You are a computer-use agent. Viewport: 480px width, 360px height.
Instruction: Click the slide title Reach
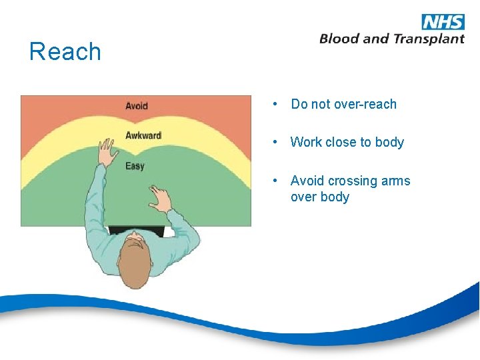pyautogui.click(x=65, y=52)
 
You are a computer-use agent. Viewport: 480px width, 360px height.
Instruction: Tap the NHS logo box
pyautogui.click(x=443, y=21)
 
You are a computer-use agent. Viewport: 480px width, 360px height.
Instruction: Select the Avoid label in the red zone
pyautogui.click(x=137, y=106)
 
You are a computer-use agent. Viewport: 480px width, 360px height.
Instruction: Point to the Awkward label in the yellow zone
pyautogui.click(x=143, y=136)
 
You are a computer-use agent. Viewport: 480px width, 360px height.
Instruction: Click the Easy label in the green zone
pyautogui.click(x=135, y=166)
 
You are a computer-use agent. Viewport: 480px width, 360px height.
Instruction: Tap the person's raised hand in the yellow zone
pyautogui.click(x=105, y=151)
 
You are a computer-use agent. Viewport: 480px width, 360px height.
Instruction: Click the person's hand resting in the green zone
pyautogui.click(x=159, y=197)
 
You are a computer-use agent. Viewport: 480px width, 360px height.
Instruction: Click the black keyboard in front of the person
pyautogui.click(x=137, y=230)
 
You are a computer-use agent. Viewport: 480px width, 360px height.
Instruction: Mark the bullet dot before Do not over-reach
pyautogui.click(x=274, y=105)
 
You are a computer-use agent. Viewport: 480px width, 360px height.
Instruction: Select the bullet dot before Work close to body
pyautogui.click(x=274, y=142)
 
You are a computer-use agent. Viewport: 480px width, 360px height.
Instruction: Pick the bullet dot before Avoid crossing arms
pyautogui.click(x=274, y=181)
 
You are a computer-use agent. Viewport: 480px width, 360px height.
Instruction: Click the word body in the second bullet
pyautogui.click(x=389, y=143)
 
